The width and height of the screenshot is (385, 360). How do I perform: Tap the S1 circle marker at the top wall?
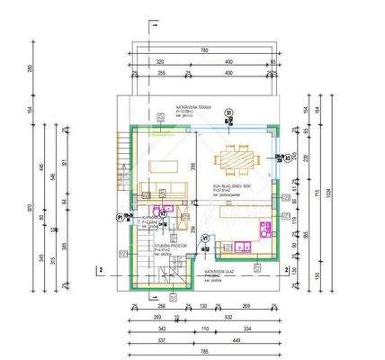coord(228,112)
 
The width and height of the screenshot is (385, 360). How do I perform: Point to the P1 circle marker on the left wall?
coord(119,217)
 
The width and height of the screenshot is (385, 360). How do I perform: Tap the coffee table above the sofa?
coord(164,166)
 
